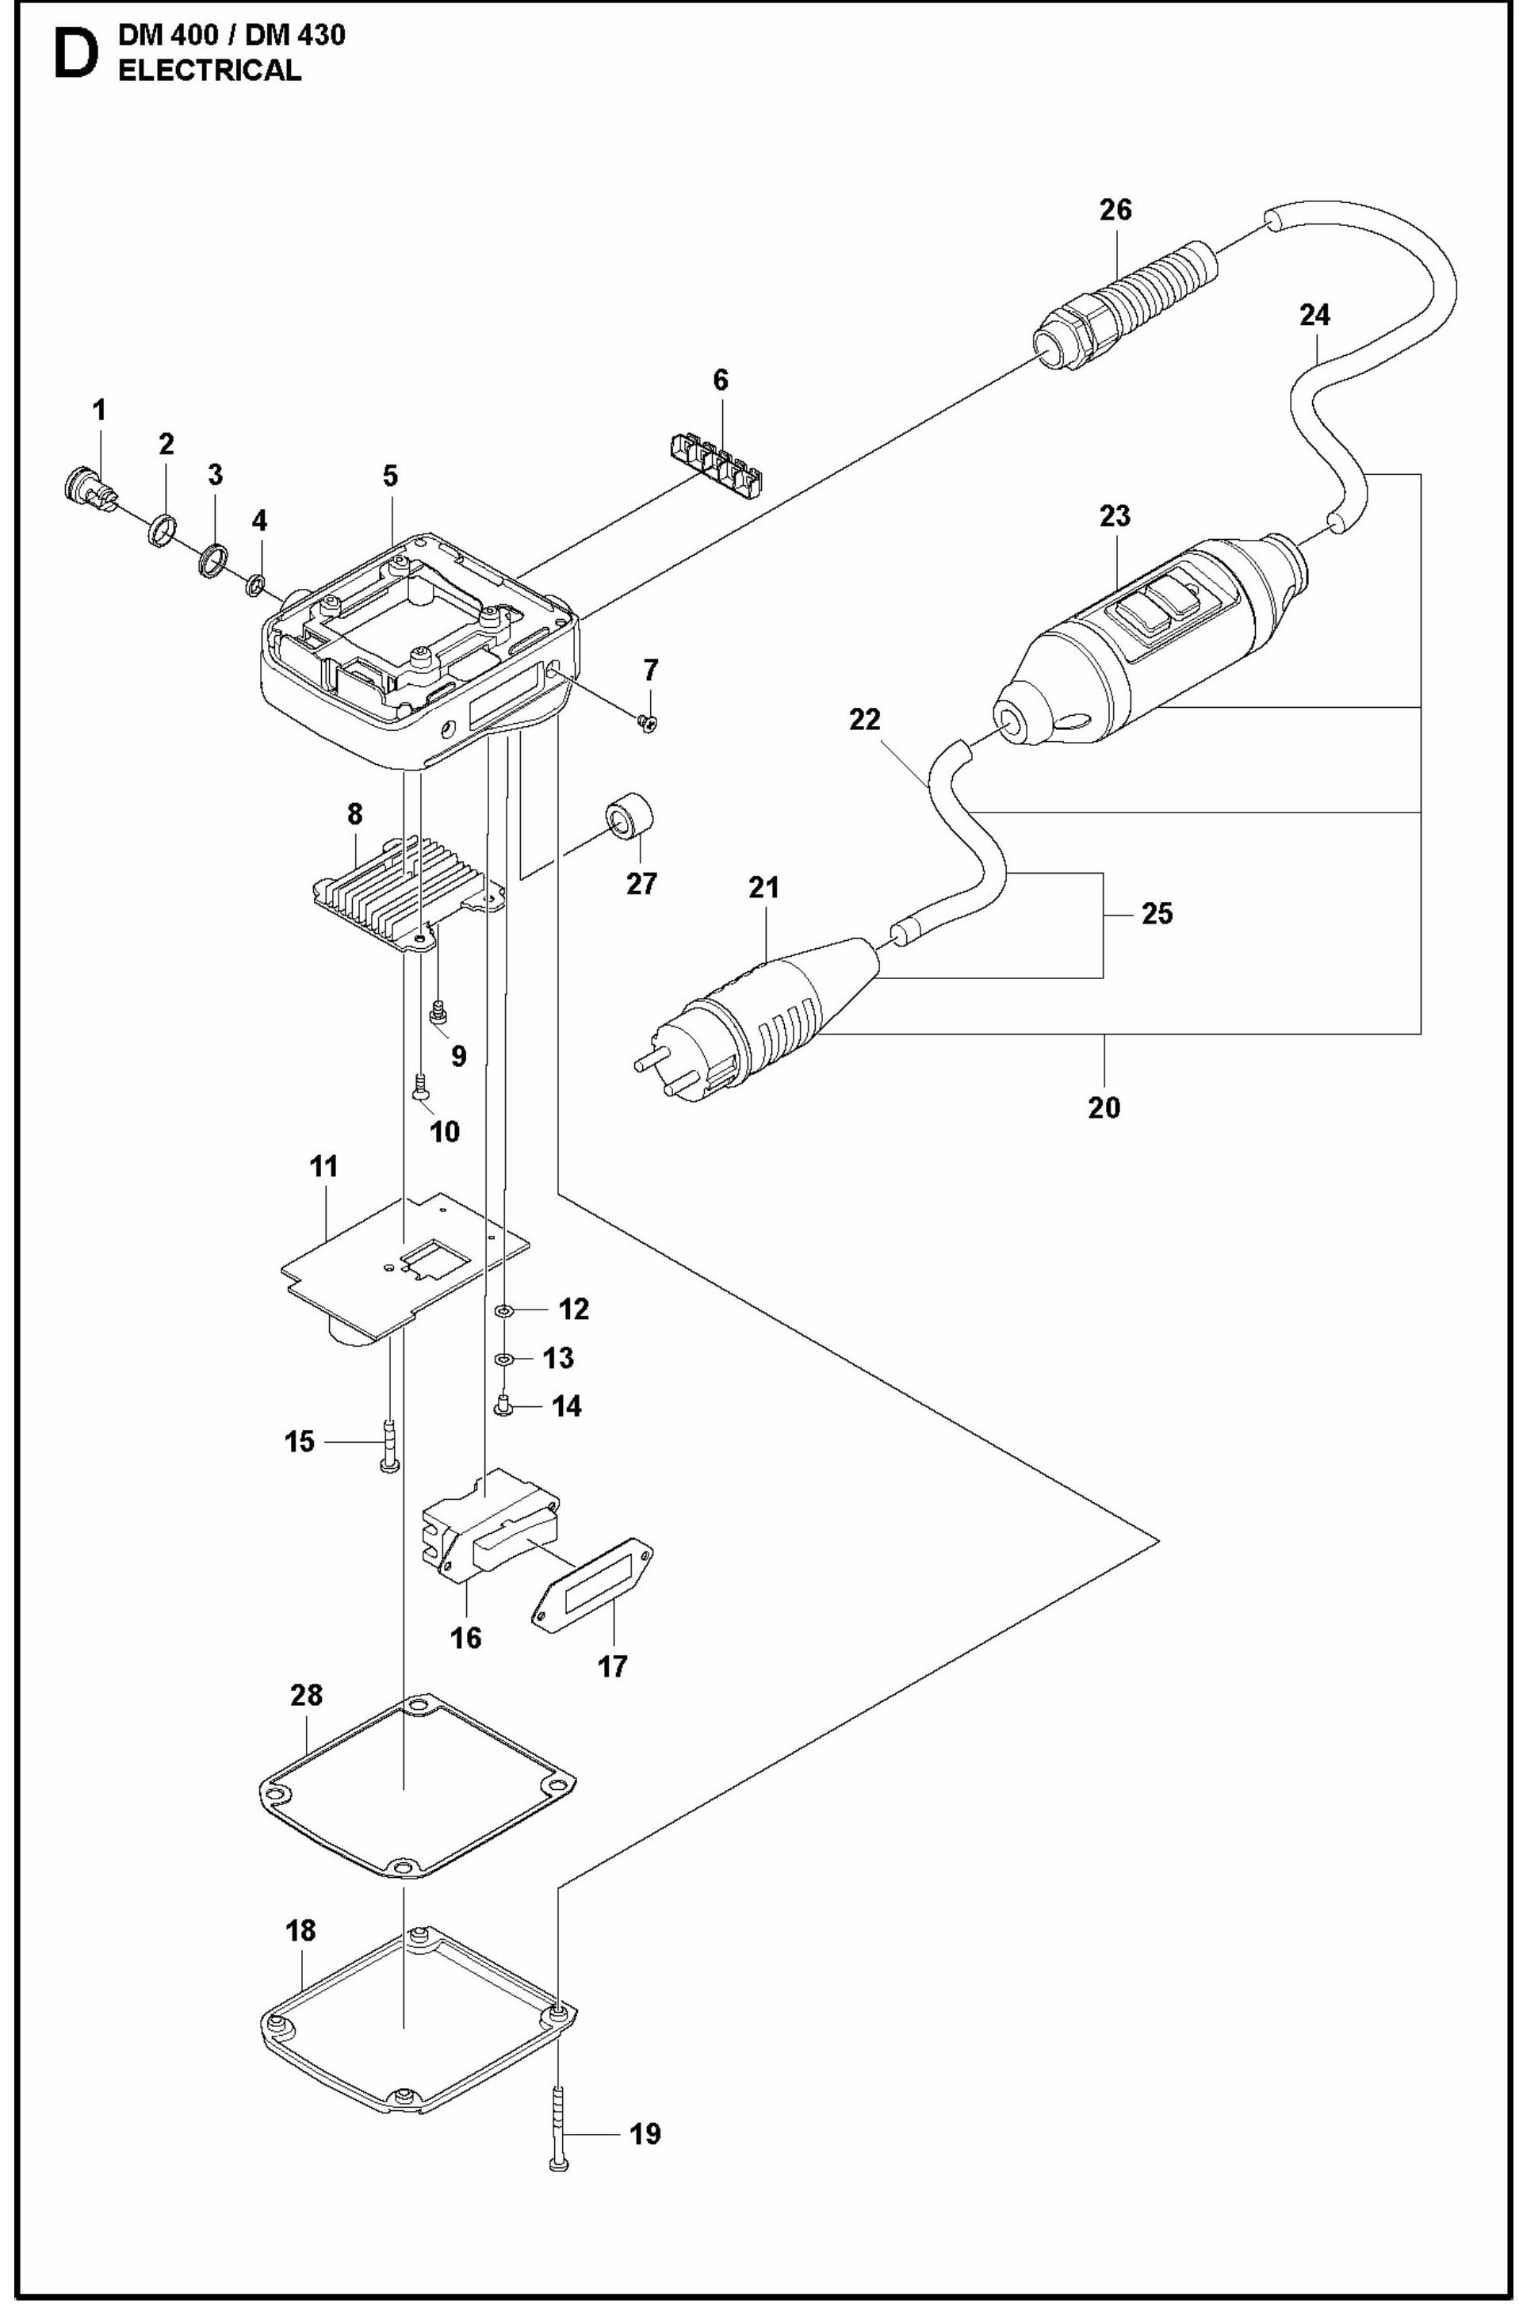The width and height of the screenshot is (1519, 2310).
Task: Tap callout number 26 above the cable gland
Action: (1115, 209)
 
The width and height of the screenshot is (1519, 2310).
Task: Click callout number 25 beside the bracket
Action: (1156, 913)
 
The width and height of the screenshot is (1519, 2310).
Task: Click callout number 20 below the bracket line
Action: (1104, 1107)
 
